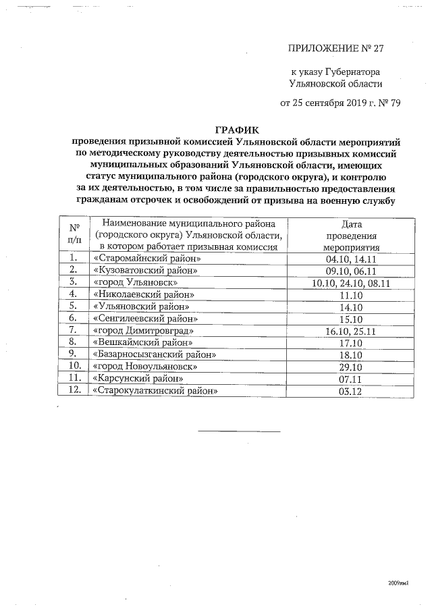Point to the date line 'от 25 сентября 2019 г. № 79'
331,103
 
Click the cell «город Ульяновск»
136,283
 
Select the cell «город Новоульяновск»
146,367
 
